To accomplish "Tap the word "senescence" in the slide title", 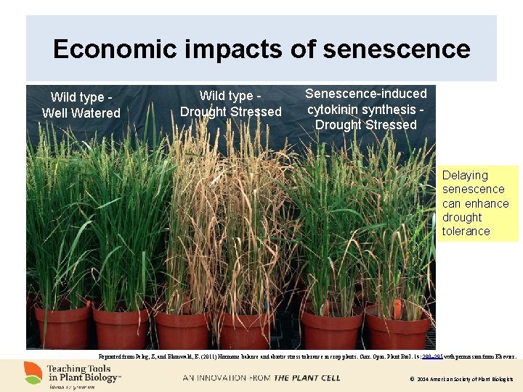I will click(x=397, y=49).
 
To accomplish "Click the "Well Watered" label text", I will click(x=81, y=113).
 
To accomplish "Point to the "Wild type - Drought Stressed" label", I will click(x=230, y=104).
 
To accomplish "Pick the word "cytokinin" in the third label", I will click(x=338, y=109).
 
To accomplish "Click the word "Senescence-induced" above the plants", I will click(x=366, y=94).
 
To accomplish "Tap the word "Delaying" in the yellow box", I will click(x=465, y=175).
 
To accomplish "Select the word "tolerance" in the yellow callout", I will click(x=466, y=232).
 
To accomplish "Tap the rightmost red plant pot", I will click(x=397, y=328).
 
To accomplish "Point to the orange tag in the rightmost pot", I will click(x=397, y=308).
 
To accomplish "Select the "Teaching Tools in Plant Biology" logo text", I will click(x=84, y=372).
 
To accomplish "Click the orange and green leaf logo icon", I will click(x=33, y=373).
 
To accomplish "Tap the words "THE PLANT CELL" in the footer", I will click(x=300, y=378).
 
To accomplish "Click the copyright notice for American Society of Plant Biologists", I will click(x=461, y=379).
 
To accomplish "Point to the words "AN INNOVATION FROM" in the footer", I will click(x=226, y=378).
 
